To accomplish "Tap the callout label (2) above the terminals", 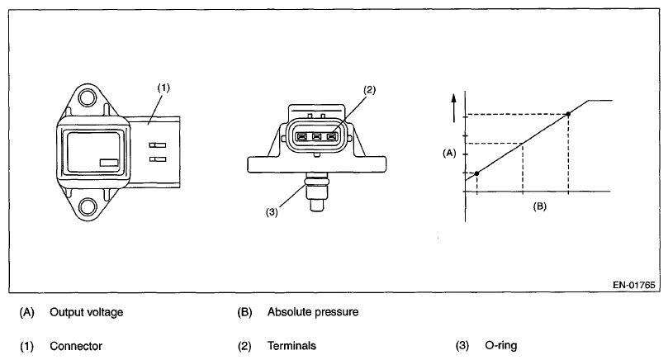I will coord(369,89).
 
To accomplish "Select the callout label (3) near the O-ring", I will coord(271,211).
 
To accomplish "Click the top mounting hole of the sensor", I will coord(87,99).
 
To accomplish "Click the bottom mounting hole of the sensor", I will coord(87,207).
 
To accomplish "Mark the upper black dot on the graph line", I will coord(568,114).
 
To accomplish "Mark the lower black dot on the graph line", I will coord(476,173).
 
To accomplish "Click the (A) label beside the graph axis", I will coord(449,153).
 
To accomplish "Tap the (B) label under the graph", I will coord(538,206).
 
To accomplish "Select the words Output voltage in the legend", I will coord(87,313).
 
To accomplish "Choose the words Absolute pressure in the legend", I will coord(312,313).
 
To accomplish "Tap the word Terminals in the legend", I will coord(291,346).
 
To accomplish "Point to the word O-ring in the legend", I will coord(502,346).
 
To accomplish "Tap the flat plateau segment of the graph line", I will coord(599,101).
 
